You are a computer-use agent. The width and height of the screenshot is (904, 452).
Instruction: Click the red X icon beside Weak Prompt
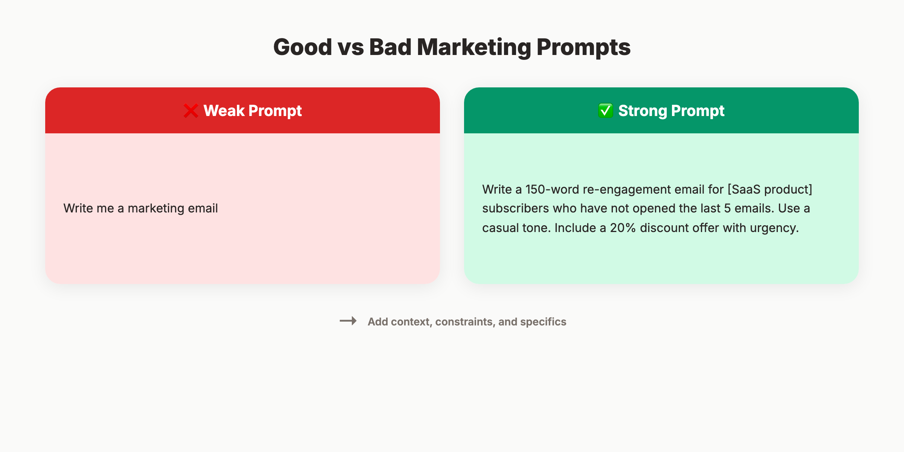tap(191, 111)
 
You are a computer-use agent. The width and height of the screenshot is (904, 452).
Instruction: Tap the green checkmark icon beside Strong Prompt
tap(605, 111)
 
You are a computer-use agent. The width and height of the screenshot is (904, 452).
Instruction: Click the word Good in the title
tap(302, 47)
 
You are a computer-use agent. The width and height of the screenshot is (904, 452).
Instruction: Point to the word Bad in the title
tap(390, 47)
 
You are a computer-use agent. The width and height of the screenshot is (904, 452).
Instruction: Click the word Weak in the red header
tap(224, 111)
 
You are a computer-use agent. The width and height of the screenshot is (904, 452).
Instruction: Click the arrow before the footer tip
tap(348, 321)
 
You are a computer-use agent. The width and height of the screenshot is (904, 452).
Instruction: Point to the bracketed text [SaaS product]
tap(770, 189)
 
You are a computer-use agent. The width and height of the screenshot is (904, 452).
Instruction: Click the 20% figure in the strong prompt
tap(623, 228)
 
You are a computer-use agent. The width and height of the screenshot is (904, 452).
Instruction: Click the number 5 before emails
tap(727, 208)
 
